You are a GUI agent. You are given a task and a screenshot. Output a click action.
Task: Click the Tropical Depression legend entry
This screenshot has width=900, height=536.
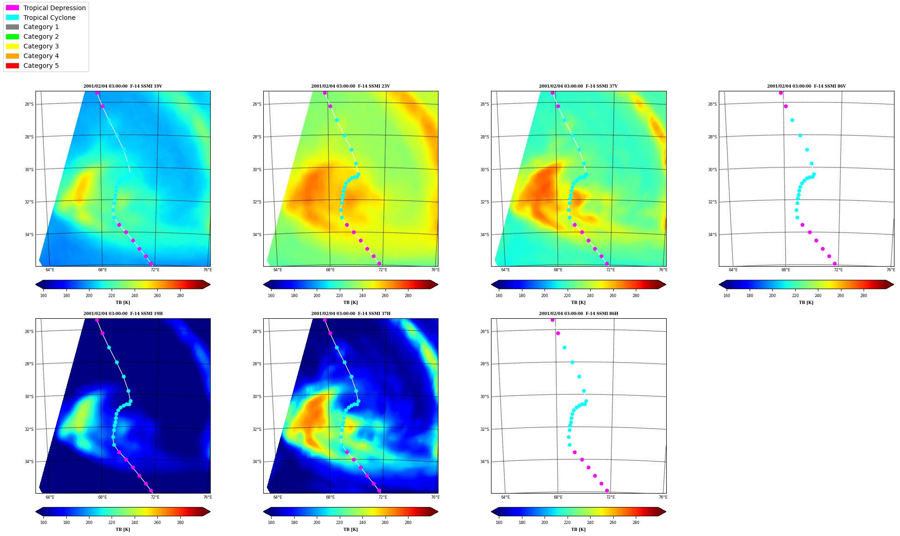click(46, 8)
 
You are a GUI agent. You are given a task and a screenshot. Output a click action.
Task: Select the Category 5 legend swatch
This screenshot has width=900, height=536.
click(12, 66)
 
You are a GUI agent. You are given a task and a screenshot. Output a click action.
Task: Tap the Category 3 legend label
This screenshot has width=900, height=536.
click(41, 46)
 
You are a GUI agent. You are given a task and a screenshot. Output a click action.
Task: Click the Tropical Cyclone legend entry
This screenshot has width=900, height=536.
click(41, 18)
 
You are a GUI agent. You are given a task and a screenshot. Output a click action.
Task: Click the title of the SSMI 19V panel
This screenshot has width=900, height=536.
click(123, 86)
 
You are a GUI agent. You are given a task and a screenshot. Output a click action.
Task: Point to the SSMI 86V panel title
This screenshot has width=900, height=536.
click(806, 86)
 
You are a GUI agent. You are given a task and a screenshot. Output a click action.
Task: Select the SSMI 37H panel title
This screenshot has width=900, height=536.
click(350, 314)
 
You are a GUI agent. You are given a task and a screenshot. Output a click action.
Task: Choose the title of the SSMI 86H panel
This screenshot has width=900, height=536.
click(578, 314)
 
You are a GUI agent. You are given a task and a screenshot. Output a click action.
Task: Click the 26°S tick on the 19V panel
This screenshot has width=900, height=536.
click(29, 104)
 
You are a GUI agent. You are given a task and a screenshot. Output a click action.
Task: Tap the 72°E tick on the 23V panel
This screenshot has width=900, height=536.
click(383, 270)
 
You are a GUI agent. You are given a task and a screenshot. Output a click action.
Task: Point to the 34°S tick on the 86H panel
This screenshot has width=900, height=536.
click(485, 462)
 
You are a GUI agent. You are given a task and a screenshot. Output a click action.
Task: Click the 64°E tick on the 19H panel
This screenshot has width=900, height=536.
click(50, 497)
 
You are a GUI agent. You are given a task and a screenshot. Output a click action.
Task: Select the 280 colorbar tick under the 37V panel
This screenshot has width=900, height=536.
click(636, 296)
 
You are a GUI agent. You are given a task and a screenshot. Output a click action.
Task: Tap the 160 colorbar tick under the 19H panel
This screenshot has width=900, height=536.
click(43, 523)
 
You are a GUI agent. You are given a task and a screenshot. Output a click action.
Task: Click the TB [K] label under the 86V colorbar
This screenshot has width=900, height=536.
click(806, 303)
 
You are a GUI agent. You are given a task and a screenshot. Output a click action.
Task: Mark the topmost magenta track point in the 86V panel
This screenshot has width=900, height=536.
click(781, 93)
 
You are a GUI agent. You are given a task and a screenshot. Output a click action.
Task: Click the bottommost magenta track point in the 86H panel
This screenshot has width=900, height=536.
click(607, 490)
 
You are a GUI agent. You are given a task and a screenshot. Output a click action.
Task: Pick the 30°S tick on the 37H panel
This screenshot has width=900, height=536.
click(257, 397)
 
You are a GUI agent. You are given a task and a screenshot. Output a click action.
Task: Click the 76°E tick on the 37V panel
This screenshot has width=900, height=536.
click(663, 270)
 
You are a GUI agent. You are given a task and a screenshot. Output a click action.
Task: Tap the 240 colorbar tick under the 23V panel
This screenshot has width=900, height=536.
click(362, 296)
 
